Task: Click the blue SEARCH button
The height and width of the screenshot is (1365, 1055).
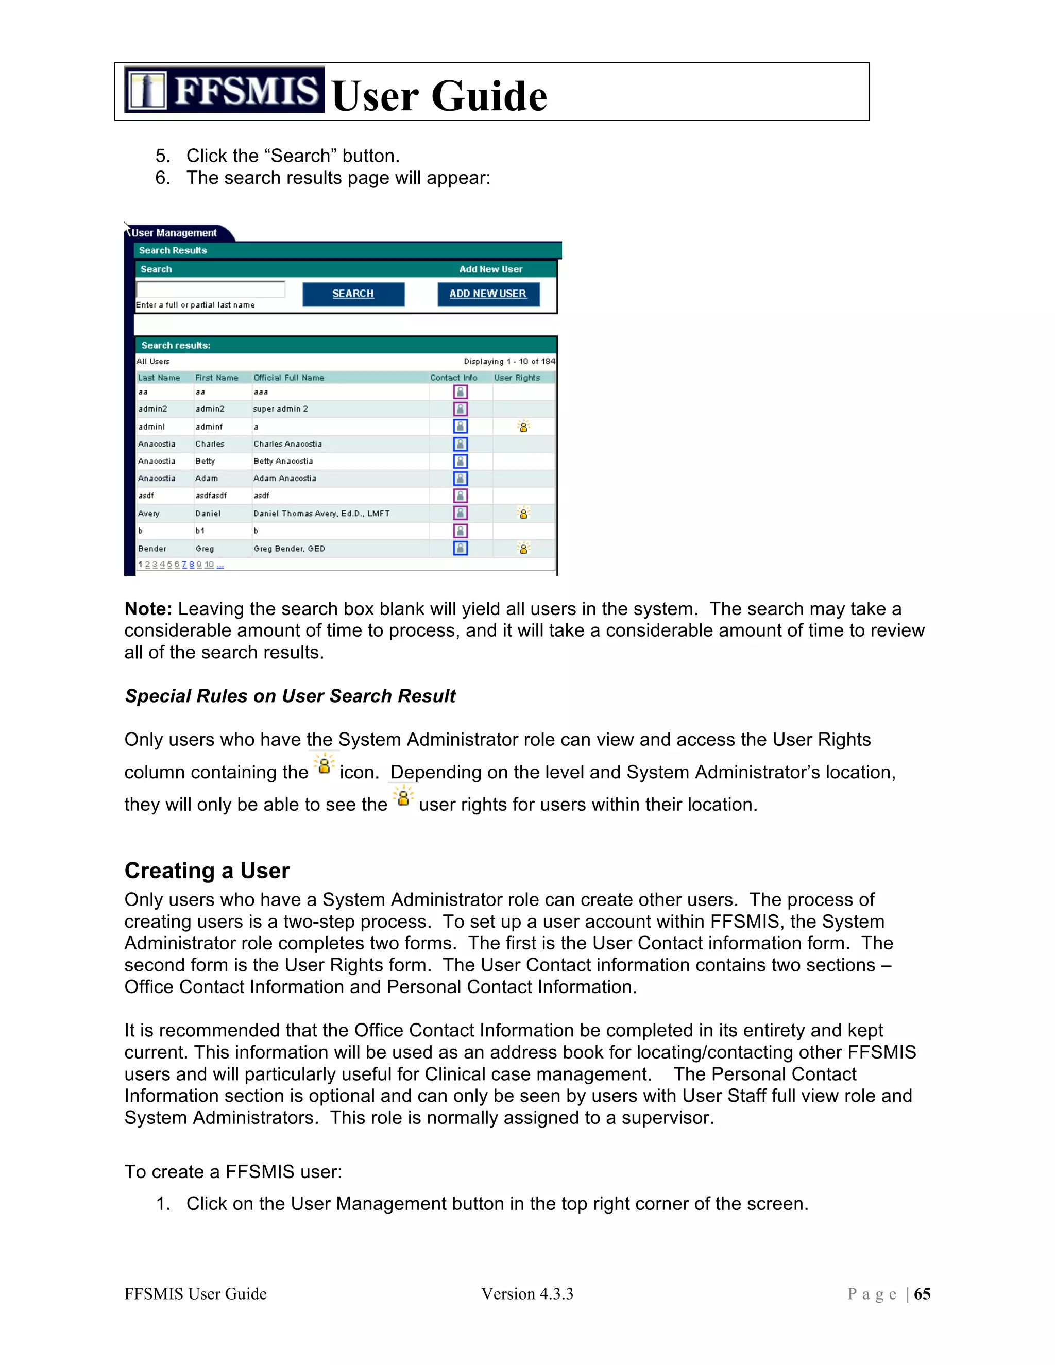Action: coord(353,294)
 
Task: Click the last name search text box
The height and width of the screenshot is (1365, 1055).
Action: coord(211,289)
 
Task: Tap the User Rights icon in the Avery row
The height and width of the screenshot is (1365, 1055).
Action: coord(523,513)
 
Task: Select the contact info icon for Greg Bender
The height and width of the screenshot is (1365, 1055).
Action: coord(461,548)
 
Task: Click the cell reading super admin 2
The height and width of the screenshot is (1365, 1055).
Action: coord(281,409)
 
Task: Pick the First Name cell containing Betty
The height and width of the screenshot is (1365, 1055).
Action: coord(205,461)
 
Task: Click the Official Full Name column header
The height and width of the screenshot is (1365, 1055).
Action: coord(289,378)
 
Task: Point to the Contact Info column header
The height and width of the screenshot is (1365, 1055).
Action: coord(453,378)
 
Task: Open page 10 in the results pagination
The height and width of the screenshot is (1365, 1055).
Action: coord(209,565)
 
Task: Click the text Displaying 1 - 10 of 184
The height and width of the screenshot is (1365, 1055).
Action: coord(509,361)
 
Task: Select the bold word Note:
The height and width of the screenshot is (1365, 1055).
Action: coord(148,609)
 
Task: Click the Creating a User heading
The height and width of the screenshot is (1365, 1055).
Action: coord(207,871)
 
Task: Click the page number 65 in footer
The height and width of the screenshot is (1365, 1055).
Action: coord(922,1294)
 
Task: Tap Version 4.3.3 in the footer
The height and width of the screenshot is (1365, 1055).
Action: coord(527,1294)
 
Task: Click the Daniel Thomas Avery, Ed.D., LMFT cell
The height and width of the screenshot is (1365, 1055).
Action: coord(321,514)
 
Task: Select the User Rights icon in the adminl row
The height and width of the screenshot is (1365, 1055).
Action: coord(523,426)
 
